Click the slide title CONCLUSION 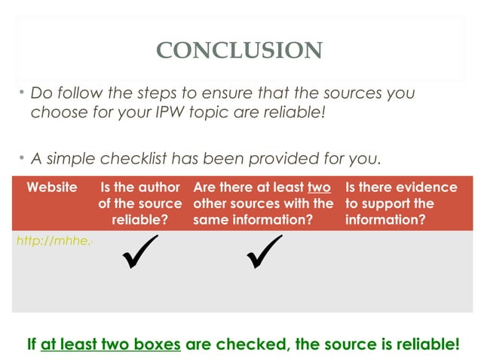pos(240,50)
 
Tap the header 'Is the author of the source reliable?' pos(139,203)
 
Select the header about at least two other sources pos(262,203)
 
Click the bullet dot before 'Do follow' pos(22,93)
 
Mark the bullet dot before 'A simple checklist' pos(22,158)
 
